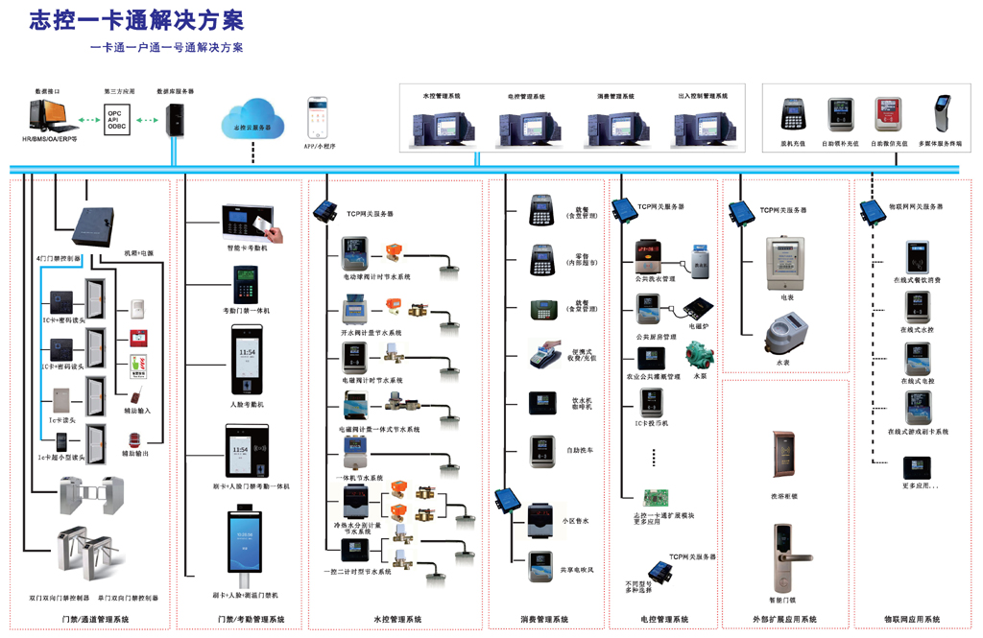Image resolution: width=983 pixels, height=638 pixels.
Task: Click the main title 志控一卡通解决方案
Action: [x=136, y=19]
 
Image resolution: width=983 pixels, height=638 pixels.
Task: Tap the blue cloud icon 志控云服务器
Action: [x=252, y=118]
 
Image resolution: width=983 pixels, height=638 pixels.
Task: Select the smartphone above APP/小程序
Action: [x=317, y=118]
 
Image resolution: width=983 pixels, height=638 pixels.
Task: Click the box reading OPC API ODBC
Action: [x=116, y=120]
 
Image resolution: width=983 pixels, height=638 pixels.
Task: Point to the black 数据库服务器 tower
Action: [x=175, y=119]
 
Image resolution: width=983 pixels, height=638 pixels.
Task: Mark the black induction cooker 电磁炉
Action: [x=698, y=309]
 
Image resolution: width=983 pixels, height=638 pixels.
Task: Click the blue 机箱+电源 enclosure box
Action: [x=98, y=223]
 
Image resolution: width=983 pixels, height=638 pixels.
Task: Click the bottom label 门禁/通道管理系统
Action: [x=95, y=620]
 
